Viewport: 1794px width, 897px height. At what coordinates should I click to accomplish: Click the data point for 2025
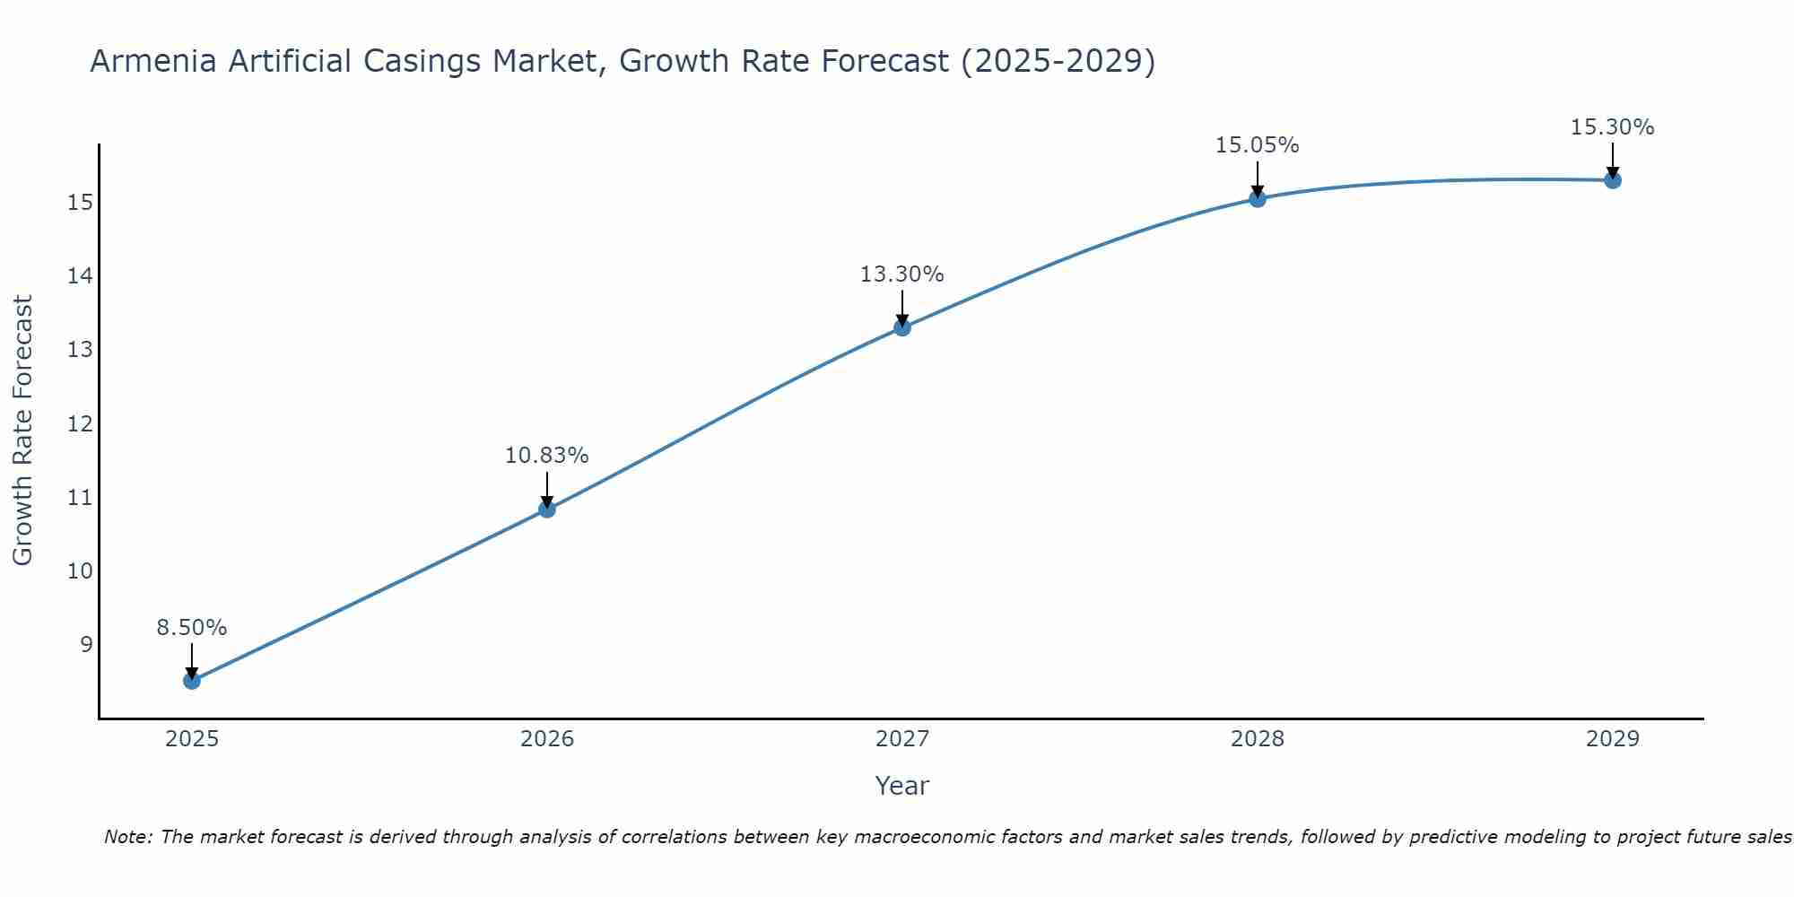(192, 681)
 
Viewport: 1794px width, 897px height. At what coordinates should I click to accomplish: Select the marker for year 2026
(547, 509)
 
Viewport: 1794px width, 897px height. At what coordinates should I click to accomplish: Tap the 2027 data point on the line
(902, 327)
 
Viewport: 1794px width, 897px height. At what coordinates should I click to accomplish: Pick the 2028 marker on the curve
(1258, 198)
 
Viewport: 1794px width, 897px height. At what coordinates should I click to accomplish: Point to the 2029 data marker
(1613, 180)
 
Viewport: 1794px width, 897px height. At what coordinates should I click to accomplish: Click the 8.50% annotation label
(192, 628)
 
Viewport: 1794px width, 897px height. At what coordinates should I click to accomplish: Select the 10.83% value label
(546, 456)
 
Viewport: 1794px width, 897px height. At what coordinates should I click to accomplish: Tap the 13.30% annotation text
(901, 274)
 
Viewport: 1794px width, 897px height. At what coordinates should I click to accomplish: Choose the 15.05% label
(1257, 145)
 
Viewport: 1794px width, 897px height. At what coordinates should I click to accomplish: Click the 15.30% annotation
(1612, 127)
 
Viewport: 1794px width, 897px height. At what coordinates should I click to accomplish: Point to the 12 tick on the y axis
(80, 423)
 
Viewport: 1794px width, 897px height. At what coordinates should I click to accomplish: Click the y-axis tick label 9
(86, 645)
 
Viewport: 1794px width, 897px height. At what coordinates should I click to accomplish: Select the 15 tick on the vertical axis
(80, 203)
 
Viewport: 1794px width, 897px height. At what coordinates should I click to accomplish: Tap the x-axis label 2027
(902, 739)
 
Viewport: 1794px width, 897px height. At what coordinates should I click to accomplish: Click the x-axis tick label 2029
(1613, 739)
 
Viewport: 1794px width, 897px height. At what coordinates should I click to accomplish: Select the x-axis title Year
(901, 786)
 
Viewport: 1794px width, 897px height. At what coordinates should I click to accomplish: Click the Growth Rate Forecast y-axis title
(22, 431)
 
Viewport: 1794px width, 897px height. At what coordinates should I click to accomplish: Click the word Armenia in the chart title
(152, 62)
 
